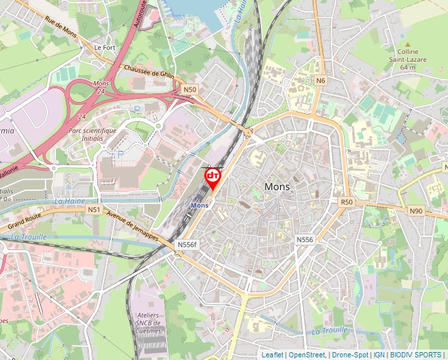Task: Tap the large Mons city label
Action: tap(277, 186)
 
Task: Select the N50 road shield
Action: tap(190, 89)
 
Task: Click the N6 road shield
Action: tap(321, 80)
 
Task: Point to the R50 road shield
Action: tap(347, 201)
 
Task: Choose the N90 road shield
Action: tap(416, 211)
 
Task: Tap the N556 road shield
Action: tap(304, 240)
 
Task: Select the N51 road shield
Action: tap(94, 209)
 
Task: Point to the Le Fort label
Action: tap(105, 47)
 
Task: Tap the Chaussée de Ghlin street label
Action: tap(149, 74)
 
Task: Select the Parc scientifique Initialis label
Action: tap(92, 134)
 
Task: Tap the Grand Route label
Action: tap(24, 215)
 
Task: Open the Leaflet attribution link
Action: tap(273, 355)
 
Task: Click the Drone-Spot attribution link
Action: tap(350, 355)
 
